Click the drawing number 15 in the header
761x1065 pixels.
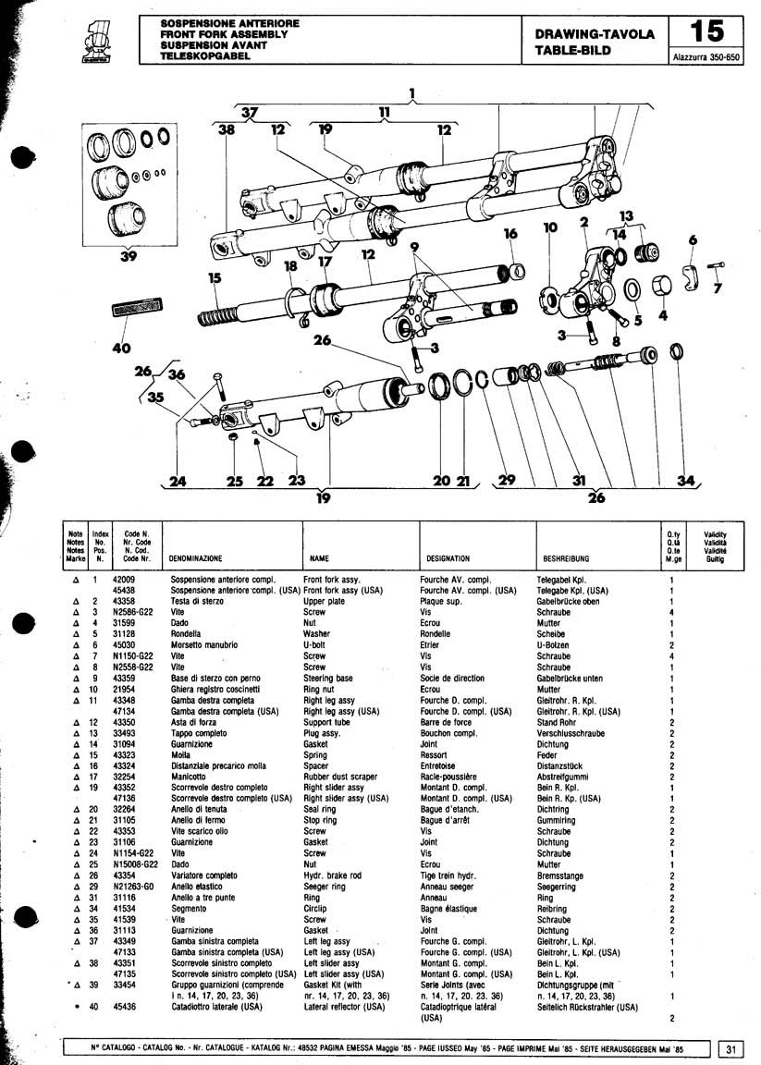coord(707,31)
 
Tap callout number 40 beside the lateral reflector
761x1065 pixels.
coord(121,349)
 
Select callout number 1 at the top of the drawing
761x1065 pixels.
coord(412,92)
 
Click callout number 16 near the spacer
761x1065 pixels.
coord(510,235)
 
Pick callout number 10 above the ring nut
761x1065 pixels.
coord(552,227)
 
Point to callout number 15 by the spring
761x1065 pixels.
coord(215,277)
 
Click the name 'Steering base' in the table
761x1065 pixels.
coord(327,679)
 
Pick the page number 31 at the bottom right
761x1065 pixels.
coord(731,1048)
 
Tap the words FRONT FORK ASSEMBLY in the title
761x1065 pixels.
coord(224,34)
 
